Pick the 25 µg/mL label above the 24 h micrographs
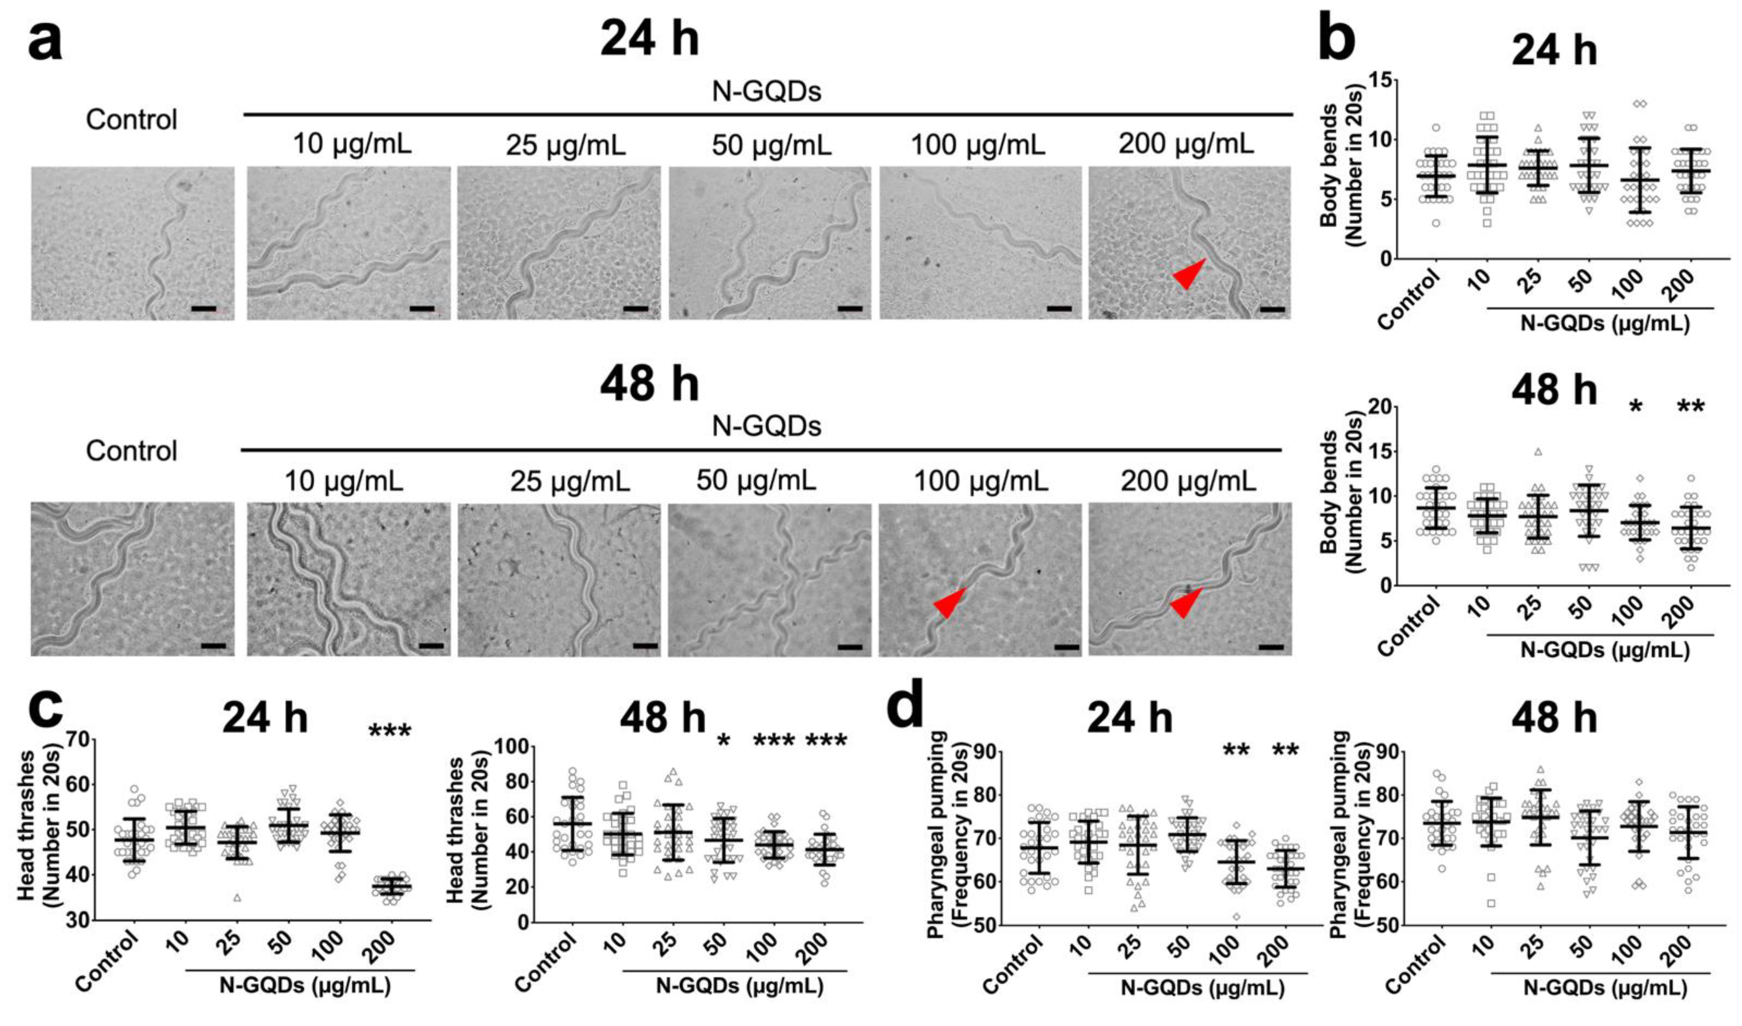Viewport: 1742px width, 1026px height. [x=565, y=145]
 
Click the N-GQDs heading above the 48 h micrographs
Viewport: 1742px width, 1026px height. [x=766, y=426]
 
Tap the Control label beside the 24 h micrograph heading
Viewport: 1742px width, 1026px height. [x=131, y=120]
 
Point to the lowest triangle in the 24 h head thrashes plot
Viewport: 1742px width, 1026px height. [x=237, y=898]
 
